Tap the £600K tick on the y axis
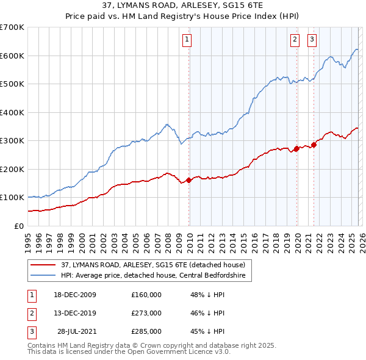pos(12,56)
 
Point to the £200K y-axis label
pos(12,169)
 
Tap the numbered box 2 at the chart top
pos(295,40)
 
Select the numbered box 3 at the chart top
pos(312,40)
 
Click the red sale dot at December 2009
pos(188,180)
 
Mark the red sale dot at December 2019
pos(296,148)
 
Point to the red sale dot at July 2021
pos(314,145)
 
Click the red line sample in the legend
pos(43,265)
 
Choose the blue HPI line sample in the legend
pos(43,275)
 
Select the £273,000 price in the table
pos(146,313)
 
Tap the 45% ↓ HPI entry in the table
pos(207,331)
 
